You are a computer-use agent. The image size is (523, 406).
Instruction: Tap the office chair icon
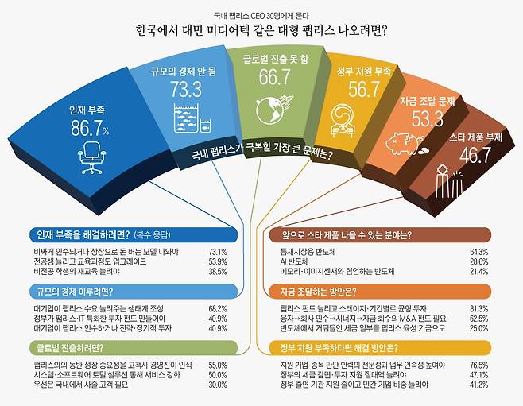92,157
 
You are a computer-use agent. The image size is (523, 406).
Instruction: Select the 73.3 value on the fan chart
185,89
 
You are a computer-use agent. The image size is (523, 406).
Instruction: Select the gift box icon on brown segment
447,182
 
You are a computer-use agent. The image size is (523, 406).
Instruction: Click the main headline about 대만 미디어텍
261,32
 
